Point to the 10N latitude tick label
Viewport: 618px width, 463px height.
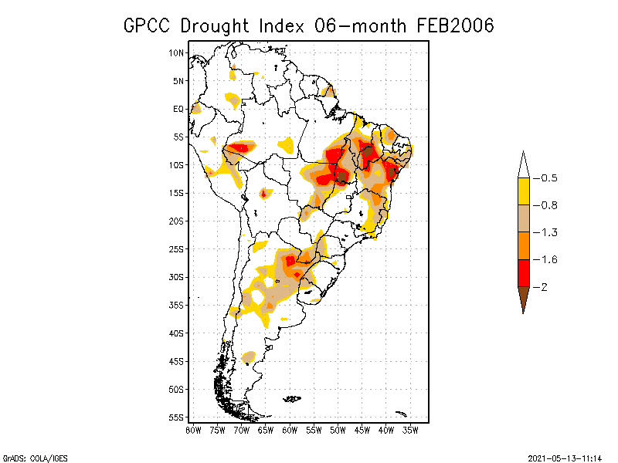[177, 52]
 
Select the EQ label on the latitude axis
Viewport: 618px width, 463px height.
[178, 109]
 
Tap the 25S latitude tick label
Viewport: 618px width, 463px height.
[177, 248]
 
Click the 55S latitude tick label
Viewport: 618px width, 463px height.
[177, 417]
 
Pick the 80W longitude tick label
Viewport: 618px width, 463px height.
[193, 429]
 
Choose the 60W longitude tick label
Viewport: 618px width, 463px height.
[290, 429]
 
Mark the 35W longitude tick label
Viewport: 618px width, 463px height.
[410, 429]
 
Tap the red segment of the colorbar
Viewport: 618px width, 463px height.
[523, 272]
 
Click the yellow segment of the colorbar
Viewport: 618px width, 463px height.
[523, 191]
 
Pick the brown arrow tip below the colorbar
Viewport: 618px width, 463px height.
[523, 301]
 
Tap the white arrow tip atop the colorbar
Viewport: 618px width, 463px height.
[523, 164]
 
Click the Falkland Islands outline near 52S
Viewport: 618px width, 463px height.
[291, 398]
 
